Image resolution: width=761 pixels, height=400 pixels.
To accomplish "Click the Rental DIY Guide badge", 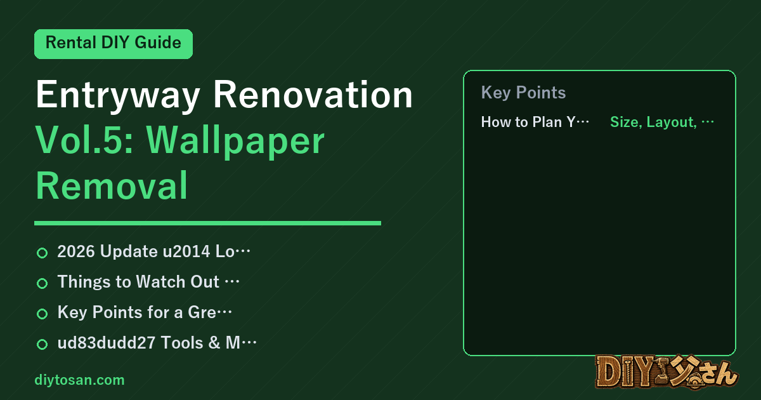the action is click(x=114, y=44).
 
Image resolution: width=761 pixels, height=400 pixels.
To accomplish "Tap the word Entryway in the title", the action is click(x=117, y=95).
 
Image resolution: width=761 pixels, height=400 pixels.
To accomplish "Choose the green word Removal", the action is click(x=112, y=186).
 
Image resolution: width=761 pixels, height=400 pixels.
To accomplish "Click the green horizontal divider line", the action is click(x=207, y=223).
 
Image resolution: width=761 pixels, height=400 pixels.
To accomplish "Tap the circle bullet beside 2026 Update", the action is click(x=42, y=253).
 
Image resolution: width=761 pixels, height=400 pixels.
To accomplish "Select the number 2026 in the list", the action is click(x=76, y=251).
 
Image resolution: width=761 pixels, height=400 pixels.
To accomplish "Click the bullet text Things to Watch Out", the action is click(x=138, y=282).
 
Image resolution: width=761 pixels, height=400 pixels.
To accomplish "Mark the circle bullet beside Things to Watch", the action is click(x=42, y=283).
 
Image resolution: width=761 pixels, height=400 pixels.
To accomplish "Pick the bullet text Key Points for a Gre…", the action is click(x=145, y=312).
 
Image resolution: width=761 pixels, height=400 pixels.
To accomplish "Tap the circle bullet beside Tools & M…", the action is click(x=42, y=344).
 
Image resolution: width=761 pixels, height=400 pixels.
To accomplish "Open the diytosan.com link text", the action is click(x=79, y=380).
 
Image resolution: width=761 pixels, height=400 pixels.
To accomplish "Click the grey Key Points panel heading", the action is click(x=523, y=93).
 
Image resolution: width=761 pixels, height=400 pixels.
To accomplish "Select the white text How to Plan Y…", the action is click(x=535, y=122).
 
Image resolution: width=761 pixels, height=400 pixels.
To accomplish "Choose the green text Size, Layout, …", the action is click(x=662, y=122).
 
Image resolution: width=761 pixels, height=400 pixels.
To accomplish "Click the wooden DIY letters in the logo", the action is click(x=625, y=372).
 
